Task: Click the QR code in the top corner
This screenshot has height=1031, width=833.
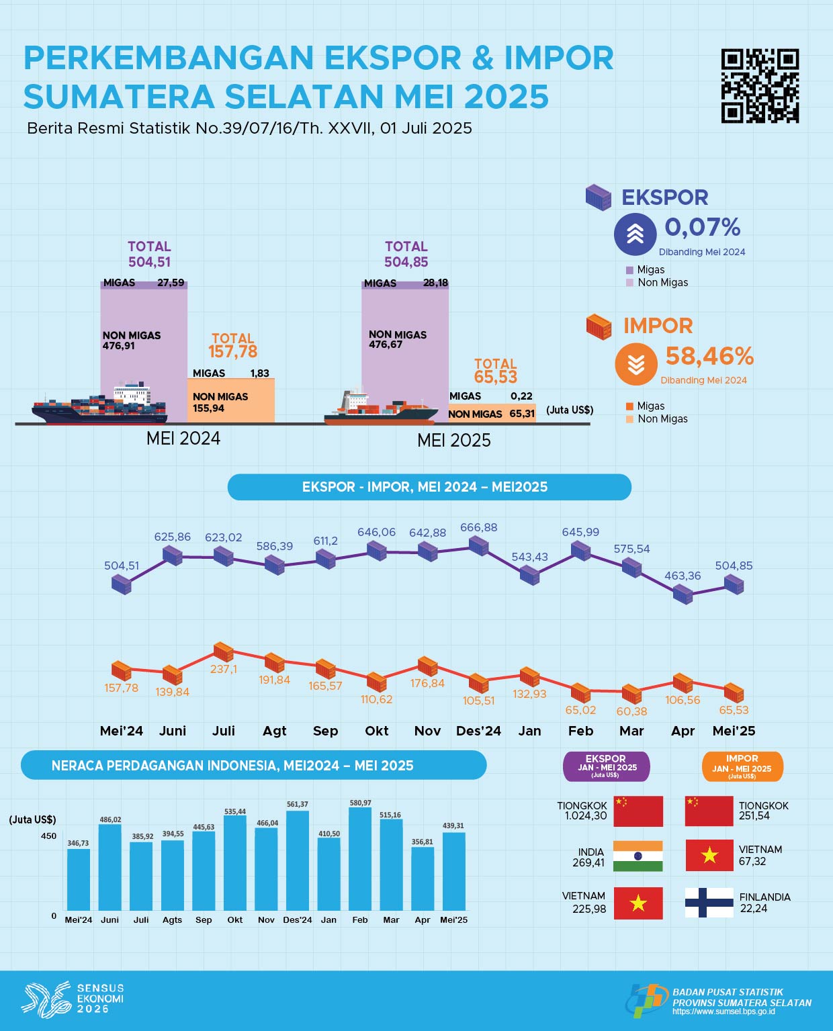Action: click(760, 85)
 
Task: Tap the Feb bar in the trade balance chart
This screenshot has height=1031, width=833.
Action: click(360, 859)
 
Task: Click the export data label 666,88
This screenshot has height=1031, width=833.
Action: click(478, 528)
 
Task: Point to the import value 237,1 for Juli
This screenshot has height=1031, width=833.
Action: click(224, 669)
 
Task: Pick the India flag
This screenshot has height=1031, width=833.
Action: click(638, 856)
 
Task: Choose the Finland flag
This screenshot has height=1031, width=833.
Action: click(709, 902)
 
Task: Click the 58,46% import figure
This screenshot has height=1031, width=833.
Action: click(709, 356)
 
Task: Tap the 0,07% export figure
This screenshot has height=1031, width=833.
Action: click(702, 228)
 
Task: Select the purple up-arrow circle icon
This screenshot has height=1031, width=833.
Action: click(635, 234)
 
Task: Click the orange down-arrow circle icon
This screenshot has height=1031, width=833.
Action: click(635, 364)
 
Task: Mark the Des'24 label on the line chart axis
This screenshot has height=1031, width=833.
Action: click(478, 731)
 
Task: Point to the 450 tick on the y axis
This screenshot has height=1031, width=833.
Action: click(49, 836)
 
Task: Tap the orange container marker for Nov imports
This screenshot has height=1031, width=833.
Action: click(427, 666)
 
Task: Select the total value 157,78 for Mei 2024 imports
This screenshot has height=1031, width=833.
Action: click(232, 351)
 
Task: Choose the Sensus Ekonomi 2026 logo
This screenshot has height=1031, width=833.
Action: click(73, 997)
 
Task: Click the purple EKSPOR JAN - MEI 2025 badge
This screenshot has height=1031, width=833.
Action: click(606, 766)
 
